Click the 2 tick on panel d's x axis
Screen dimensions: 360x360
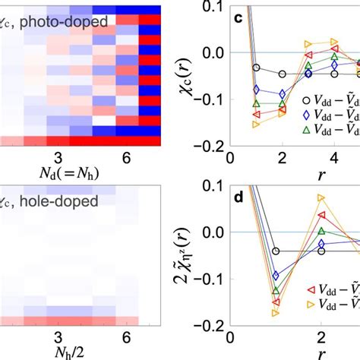[321, 337]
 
